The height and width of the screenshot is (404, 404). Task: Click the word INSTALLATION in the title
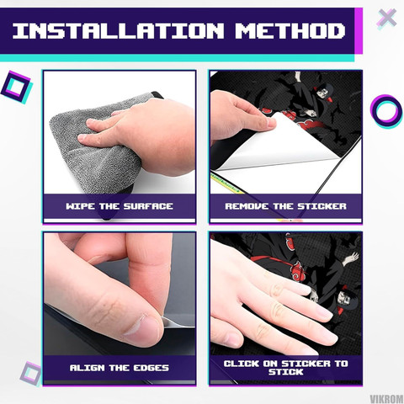click(x=118, y=31)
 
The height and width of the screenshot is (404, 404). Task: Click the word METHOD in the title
click(x=290, y=31)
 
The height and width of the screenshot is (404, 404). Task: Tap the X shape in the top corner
click(x=386, y=19)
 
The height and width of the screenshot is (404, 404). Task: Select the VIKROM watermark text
click(x=386, y=399)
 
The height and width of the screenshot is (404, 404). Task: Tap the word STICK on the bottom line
click(x=285, y=372)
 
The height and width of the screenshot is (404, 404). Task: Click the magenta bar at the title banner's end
click(x=359, y=31)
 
